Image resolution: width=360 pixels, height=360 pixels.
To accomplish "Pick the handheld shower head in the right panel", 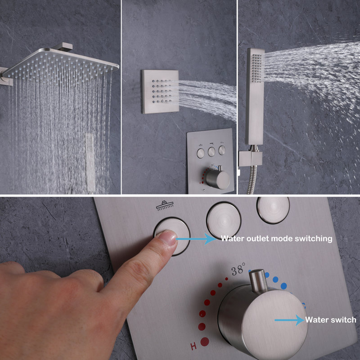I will [254, 94].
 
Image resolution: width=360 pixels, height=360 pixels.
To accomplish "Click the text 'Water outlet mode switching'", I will [276, 238].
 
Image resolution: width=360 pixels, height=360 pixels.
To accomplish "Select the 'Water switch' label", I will [331, 320].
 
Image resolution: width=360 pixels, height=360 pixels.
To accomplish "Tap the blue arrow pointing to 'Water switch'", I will [290, 320].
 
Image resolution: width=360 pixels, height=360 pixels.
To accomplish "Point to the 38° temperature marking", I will [238, 271].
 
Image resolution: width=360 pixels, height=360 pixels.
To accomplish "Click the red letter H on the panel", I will [193, 346].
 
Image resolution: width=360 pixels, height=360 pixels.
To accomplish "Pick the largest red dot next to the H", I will [206, 341].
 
